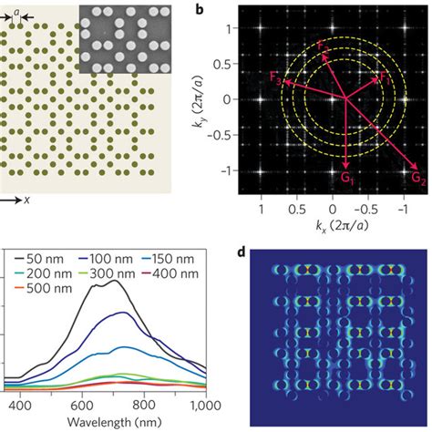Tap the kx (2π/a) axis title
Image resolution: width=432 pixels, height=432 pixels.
coord(332,223)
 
